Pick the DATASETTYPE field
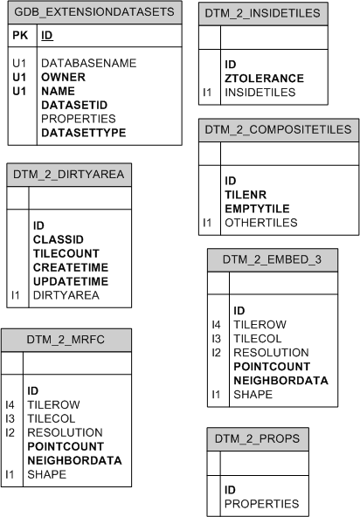click(83, 134)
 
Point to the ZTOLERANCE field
click(264, 78)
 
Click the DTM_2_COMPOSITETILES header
click(278, 130)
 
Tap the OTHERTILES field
click(260, 223)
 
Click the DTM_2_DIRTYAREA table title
click(69, 175)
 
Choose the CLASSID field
click(58, 238)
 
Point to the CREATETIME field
click(70, 267)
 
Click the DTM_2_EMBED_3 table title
click(272, 259)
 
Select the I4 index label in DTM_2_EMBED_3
click(216, 324)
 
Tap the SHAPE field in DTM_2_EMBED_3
click(253, 394)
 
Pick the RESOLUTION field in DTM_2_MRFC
click(65, 432)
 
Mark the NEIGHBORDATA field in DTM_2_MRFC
click(74, 460)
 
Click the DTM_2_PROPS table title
click(259, 439)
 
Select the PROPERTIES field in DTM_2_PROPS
click(261, 504)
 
